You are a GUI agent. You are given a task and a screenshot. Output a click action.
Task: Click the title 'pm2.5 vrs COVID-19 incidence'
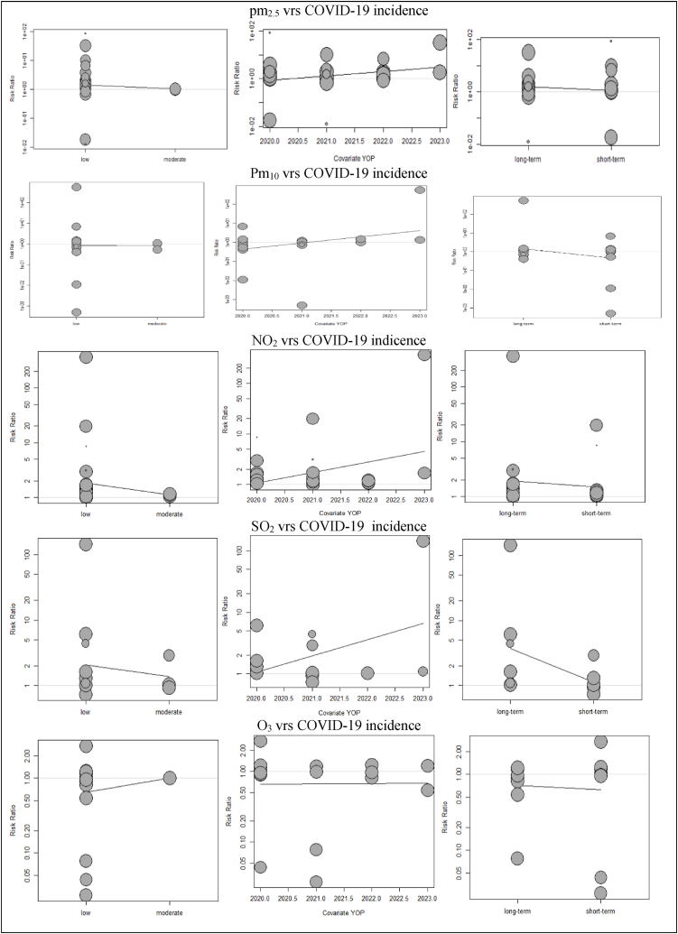click(x=339, y=11)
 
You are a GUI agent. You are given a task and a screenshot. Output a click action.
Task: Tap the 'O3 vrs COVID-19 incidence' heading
click(x=339, y=725)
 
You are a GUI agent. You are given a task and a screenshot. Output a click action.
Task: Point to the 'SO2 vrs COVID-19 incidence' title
click(x=339, y=526)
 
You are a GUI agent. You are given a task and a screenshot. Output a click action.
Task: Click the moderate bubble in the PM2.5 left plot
click(x=175, y=88)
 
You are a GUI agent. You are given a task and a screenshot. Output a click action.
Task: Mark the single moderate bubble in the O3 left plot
click(x=169, y=778)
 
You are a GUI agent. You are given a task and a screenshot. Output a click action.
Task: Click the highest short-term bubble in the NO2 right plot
click(x=596, y=425)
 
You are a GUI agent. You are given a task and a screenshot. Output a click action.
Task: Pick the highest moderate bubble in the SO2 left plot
click(x=169, y=655)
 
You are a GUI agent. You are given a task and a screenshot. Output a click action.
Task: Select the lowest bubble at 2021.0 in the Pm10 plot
click(x=302, y=305)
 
